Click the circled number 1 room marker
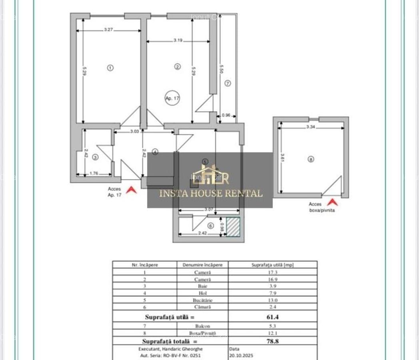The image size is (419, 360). [x=110, y=68]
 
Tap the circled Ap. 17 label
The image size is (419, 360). [x=172, y=98]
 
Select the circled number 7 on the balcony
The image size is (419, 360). [x=227, y=84]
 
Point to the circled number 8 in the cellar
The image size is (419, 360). [x=311, y=159]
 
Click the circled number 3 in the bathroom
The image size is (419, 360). [x=95, y=157]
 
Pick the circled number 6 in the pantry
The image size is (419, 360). [x=211, y=226]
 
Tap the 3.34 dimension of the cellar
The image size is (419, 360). [x=311, y=127]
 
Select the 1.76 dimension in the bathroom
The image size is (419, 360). [x=94, y=174]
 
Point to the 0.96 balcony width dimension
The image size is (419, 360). [x=226, y=116]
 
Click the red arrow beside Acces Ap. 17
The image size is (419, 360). [x=131, y=190]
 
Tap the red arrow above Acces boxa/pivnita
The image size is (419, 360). [x=332, y=202]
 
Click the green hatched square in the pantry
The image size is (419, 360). [x=233, y=227]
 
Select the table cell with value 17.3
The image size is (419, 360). [x=273, y=272]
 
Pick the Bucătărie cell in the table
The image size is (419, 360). [x=203, y=300]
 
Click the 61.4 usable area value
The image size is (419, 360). [x=273, y=317]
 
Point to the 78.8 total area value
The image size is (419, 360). [x=273, y=341]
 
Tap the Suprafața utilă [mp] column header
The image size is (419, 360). [x=273, y=265]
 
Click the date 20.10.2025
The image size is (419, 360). [x=241, y=355]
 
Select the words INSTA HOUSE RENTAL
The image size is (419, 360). [x=211, y=194]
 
